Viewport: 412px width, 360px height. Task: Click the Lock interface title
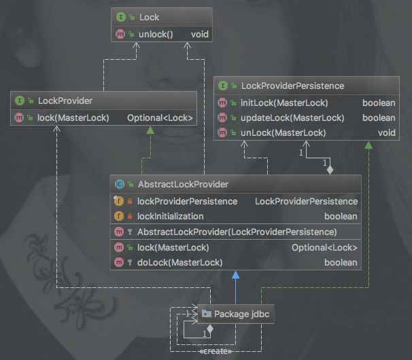[149, 18]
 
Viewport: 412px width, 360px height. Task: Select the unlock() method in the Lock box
[156, 35]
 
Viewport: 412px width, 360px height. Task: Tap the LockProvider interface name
[65, 101]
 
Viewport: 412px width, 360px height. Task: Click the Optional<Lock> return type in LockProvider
[160, 118]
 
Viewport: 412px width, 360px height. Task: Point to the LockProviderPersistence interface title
[293, 86]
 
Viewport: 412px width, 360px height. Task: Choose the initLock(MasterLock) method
[284, 103]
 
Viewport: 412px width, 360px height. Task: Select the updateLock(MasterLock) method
[292, 118]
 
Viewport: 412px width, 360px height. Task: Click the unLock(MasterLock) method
[284, 132]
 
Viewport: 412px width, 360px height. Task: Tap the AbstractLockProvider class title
[183, 184]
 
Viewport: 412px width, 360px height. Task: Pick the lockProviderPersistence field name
[188, 202]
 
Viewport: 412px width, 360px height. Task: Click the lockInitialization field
[171, 217]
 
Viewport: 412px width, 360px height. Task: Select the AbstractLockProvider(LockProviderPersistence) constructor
[237, 232]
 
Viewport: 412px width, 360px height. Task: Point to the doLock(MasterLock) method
[180, 263]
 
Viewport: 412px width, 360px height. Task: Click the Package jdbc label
[242, 314]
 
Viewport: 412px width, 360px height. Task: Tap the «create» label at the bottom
[216, 351]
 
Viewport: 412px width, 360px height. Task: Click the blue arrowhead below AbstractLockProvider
[236, 275]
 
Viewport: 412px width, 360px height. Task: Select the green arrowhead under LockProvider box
[150, 130]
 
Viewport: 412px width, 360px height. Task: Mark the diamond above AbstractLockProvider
[330, 170]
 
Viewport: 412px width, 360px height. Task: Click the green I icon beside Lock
[121, 18]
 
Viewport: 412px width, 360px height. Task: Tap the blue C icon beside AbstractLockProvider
[119, 184]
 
